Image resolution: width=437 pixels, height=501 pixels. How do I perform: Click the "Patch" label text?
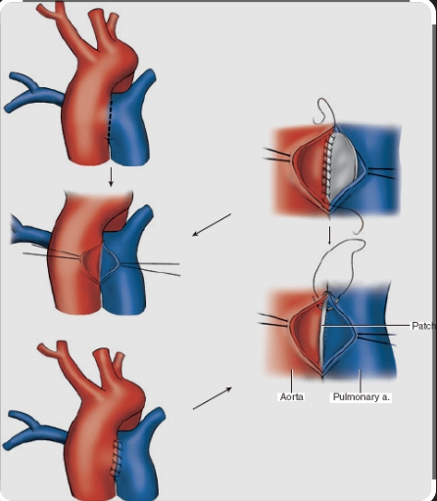pyautogui.click(x=424, y=326)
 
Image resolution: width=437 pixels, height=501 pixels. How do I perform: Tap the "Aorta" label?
pyautogui.click(x=292, y=397)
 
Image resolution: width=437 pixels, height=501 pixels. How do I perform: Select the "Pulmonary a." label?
pyautogui.click(x=361, y=397)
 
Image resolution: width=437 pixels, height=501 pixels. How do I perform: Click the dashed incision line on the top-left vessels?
pyautogui.click(x=109, y=120)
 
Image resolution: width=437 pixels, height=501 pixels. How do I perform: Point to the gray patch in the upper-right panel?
pyautogui.click(x=344, y=165)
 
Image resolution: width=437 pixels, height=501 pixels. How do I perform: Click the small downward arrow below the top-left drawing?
pyautogui.click(x=111, y=177)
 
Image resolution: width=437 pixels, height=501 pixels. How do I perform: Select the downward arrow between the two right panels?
pyautogui.click(x=329, y=236)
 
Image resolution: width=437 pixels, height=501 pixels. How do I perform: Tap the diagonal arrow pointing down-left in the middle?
pyautogui.click(x=212, y=225)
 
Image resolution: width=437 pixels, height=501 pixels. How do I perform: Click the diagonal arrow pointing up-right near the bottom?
pyautogui.click(x=213, y=398)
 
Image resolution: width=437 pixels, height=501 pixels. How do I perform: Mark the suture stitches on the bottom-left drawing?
pyautogui.click(x=116, y=458)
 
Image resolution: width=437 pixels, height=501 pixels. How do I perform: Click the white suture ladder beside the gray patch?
pyautogui.click(x=328, y=166)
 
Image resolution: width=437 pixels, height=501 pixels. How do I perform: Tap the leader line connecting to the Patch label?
pyautogui.click(x=366, y=326)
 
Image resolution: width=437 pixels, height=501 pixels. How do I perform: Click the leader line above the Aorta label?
pyautogui.click(x=292, y=381)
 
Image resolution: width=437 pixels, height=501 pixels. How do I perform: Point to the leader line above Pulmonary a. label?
pyautogui.click(x=361, y=381)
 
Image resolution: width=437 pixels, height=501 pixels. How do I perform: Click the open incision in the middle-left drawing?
pyautogui.click(x=101, y=262)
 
